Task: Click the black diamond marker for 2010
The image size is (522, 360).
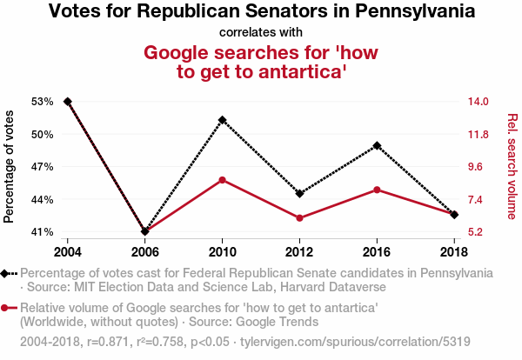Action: tap(222, 119)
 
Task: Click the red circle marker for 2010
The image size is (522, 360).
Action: tap(222, 180)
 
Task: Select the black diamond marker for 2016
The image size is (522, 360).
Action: tap(377, 145)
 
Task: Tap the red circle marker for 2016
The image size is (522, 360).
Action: tap(377, 190)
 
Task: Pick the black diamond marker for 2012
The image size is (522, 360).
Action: tap(299, 193)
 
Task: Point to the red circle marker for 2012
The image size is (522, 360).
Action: tap(299, 218)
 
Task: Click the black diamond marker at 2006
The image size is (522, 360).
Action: tap(145, 231)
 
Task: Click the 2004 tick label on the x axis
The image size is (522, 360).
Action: tap(68, 252)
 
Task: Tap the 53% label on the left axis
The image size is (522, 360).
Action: tap(43, 102)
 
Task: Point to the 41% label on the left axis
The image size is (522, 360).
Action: tap(43, 232)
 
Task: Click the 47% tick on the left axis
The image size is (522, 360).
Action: tap(43, 167)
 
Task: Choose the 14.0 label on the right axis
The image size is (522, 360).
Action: tap(480, 102)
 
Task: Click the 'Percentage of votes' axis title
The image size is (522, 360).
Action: tap(10, 167)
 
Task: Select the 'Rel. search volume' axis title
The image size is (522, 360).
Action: tap(512, 167)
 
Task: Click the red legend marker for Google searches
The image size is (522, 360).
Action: tap(7, 307)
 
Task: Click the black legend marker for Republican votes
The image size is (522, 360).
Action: tap(7, 273)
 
